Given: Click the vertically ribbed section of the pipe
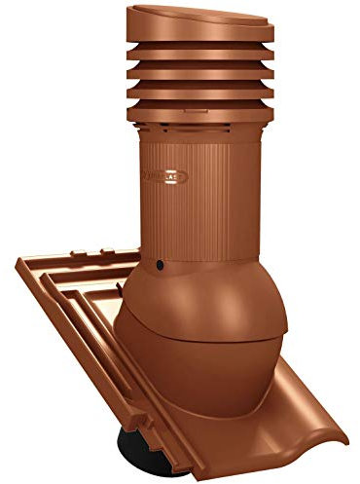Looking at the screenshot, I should [209, 195].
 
